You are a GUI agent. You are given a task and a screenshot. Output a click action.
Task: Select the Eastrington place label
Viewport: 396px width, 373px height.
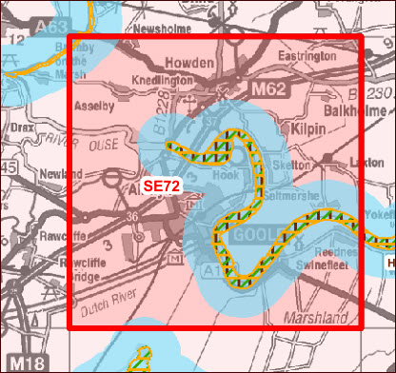coord(307,58)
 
